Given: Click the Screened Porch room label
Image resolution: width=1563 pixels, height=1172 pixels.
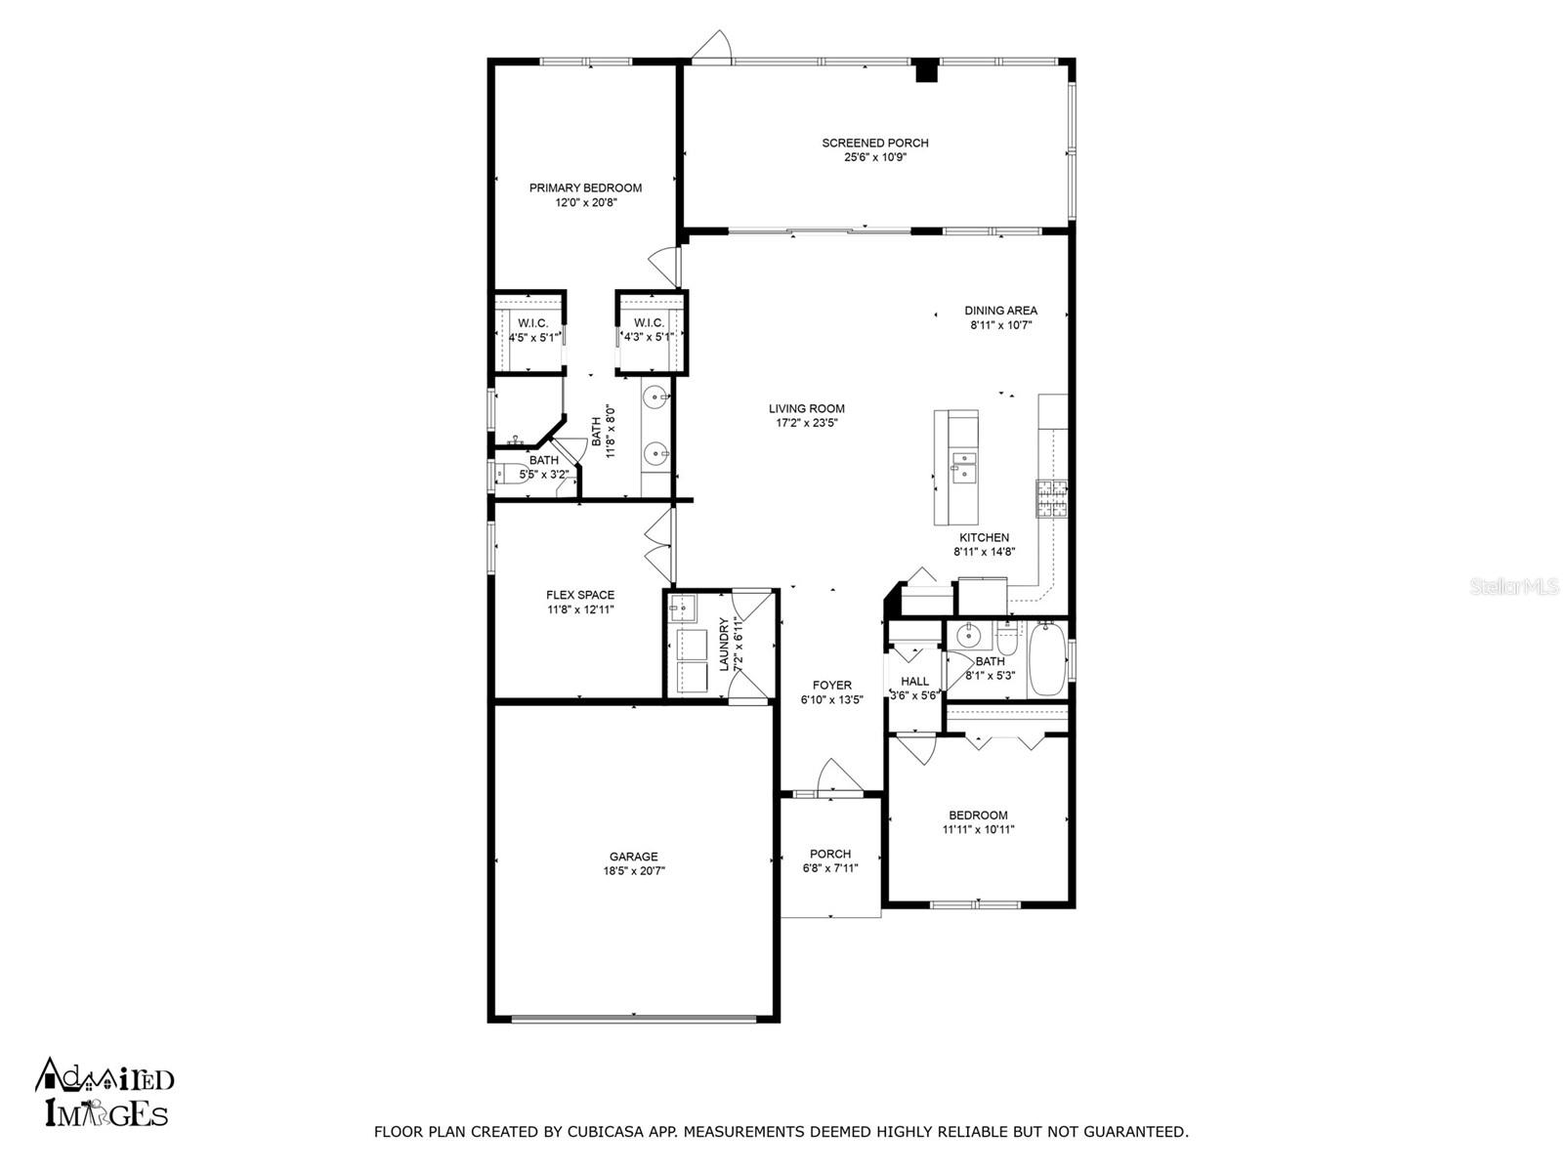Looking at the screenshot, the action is click(x=874, y=143).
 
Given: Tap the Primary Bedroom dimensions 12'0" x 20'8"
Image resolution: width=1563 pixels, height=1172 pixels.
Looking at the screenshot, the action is click(x=585, y=202).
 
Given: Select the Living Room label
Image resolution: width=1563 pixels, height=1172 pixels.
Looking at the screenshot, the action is click(x=806, y=408).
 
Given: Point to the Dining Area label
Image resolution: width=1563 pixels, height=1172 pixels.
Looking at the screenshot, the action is click(x=1000, y=311).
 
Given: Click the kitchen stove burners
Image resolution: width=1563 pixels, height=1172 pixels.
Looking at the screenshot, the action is click(x=1051, y=498).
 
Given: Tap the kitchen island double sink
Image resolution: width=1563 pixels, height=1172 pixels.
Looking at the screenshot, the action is click(x=964, y=467).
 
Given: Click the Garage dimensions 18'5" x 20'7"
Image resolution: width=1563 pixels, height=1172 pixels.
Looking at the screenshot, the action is click(x=633, y=870).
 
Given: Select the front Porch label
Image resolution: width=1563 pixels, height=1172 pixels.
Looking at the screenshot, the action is click(x=830, y=854).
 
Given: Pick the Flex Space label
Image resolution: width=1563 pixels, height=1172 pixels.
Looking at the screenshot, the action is click(x=579, y=595).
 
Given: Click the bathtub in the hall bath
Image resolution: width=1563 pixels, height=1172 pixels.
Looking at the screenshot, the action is click(x=1047, y=658).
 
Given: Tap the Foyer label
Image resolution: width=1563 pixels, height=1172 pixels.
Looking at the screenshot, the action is click(x=831, y=686).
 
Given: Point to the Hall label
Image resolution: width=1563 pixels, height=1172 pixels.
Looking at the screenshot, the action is click(x=914, y=682).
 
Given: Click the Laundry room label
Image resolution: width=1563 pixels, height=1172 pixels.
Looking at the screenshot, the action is click(x=724, y=644).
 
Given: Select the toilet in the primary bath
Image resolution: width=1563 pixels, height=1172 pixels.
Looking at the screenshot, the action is click(x=511, y=473).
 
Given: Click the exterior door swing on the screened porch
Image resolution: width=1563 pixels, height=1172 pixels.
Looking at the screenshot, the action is click(x=712, y=47).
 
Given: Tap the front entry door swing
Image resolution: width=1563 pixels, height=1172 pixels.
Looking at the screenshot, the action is click(x=840, y=776).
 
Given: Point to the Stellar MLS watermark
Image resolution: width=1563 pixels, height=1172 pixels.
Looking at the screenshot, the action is click(x=1513, y=587).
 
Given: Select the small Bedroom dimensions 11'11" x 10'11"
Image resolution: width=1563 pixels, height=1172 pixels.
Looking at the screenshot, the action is click(x=979, y=829).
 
